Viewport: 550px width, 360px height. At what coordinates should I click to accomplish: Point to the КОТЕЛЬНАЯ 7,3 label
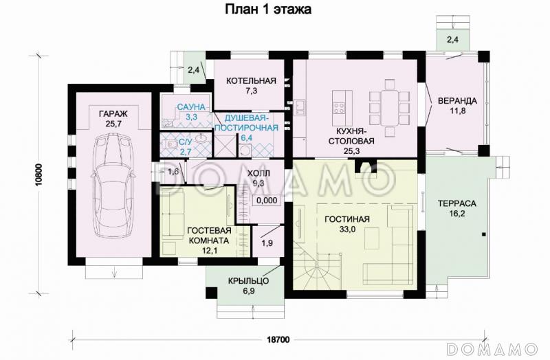[x=251, y=85]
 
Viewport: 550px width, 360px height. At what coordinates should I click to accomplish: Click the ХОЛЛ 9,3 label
[x=260, y=180]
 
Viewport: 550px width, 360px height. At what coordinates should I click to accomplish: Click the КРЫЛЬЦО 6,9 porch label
[x=247, y=286]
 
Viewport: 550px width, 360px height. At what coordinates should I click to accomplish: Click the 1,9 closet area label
[x=267, y=242]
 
